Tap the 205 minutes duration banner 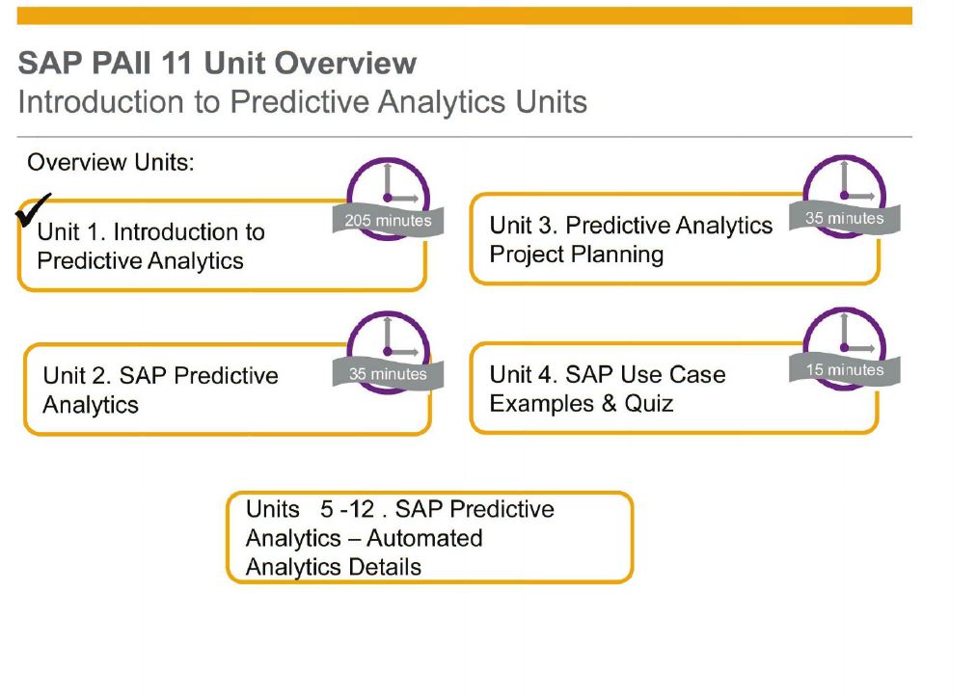click(388, 220)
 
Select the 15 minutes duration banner click(844, 369)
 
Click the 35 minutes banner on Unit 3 click(844, 218)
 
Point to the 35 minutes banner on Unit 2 click(388, 374)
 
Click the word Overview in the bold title click(346, 63)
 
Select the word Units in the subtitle click(551, 101)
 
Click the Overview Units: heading click(111, 162)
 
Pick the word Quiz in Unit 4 click(649, 404)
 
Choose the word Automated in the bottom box click(424, 538)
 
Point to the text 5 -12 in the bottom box click(347, 509)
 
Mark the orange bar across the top click(464, 15)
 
